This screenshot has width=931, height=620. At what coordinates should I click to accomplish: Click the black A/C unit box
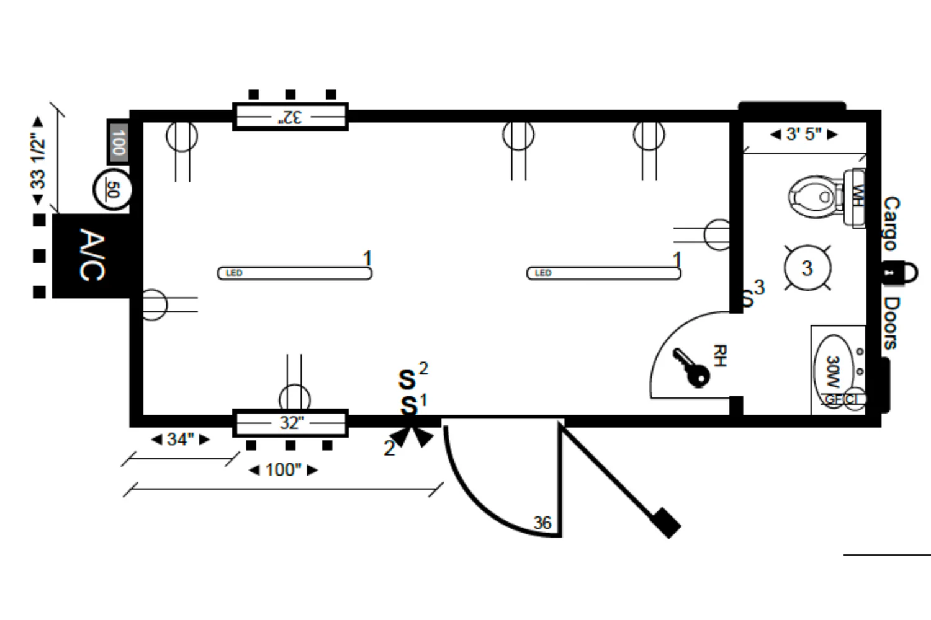(92, 255)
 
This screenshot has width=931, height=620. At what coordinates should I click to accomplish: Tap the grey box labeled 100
(118, 141)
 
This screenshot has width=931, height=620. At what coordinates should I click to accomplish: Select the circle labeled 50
(112, 190)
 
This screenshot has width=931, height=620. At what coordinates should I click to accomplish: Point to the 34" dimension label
(181, 440)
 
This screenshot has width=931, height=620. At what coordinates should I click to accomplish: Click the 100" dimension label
(283, 470)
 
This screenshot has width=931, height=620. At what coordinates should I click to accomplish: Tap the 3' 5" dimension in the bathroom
(804, 134)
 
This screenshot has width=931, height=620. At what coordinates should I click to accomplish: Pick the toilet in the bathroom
(815, 197)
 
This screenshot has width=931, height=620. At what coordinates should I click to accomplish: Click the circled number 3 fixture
(807, 268)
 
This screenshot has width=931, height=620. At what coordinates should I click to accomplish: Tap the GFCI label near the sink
(842, 399)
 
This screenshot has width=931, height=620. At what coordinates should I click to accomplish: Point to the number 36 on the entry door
(542, 523)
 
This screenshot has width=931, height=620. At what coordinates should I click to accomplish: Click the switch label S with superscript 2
(408, 378)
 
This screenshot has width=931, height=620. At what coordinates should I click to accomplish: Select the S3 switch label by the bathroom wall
(753, 294)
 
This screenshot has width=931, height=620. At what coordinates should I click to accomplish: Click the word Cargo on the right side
(891, 223)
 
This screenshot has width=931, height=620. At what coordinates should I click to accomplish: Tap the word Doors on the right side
(891, 322)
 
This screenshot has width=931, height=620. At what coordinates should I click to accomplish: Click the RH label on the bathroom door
(719, 356)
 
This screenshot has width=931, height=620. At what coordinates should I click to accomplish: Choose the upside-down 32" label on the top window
(290, 117)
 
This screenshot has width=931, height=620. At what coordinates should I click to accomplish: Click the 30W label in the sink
(833, 371)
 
